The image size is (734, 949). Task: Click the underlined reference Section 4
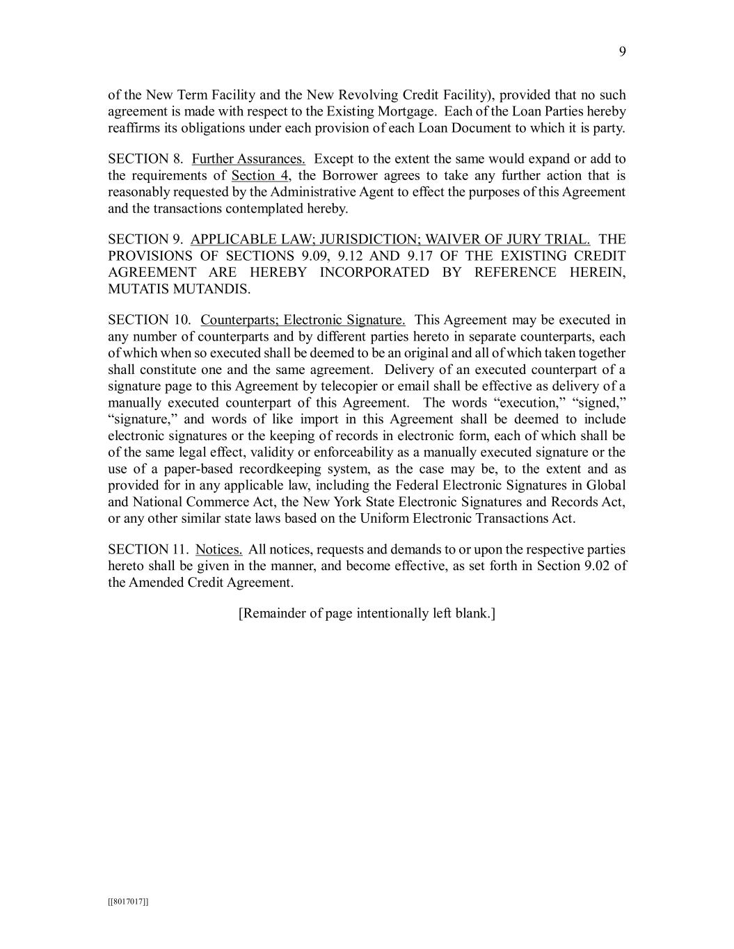pos(260,176)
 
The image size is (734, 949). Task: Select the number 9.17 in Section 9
pos(419,257)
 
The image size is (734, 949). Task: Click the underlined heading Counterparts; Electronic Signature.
pos(303,321)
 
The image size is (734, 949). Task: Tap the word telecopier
pos(344,387)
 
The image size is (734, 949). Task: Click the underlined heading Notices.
pos(218,550)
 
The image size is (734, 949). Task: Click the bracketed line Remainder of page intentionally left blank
pos(367,614)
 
